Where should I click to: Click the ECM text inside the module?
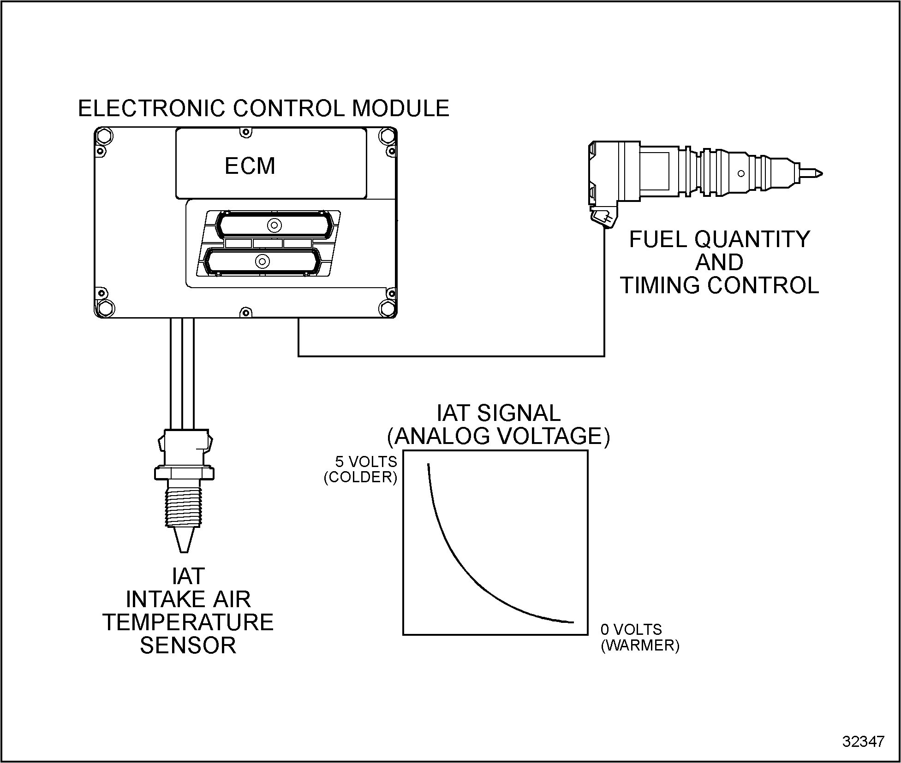click(x=250, y=166)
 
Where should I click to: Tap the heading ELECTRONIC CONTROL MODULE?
click(x=263, y=109)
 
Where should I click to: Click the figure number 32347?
click(x=863, y=741)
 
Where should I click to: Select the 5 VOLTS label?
click(x=366, y=461)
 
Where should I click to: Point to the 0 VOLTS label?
click(x=631, y=630)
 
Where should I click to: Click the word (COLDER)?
click(x=361, y=477)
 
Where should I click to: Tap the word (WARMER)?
click(x=640, y=645)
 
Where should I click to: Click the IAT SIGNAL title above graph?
click(x=498, y=413)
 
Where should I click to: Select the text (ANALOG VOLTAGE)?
click(x=498, y=436)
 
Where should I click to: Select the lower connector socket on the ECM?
click(x=262, y=261)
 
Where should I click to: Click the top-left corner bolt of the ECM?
click(x=103, y=136)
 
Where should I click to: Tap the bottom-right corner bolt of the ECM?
click(x=387, y=308)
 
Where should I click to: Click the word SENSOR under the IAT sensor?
click(x=188, y=645)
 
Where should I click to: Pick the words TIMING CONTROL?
click(x=719, y=285)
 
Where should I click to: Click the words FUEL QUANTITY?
click(x=719, y=239)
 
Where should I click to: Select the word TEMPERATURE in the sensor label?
click(x=188, y=622)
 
